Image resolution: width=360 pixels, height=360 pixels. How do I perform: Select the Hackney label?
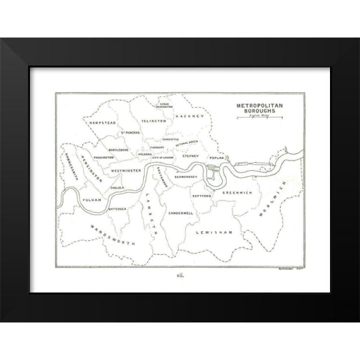(x=185, y=117)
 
